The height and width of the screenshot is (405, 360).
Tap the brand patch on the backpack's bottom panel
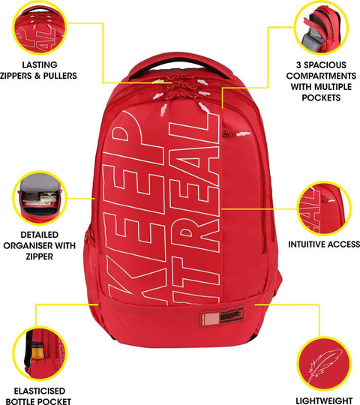(x=222, y=316)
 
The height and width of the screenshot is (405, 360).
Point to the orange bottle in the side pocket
(x=37, y=350)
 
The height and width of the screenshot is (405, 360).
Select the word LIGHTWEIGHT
(x=324, y=400)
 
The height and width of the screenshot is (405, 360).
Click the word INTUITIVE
(x=305, y=244)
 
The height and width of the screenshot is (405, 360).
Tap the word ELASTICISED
(x=39, y=391)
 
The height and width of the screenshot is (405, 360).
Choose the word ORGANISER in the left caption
(x=28, y=245)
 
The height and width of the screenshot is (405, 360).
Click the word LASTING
(x=40, y=64)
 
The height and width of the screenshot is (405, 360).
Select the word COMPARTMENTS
(x=321, y=76)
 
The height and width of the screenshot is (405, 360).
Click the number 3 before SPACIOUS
(x=298, y=64)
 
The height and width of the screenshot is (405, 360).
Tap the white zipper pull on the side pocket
(x=243, y=133)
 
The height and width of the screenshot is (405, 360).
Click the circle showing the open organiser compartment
(x=40, y=198)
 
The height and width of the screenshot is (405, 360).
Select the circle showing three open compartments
(x=321, y=28)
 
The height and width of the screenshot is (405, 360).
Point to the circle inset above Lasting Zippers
(x=40, y=28)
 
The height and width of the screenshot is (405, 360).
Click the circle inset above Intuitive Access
(x=324, y=208)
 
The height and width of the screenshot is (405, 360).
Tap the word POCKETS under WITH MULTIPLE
(x=321, y=97)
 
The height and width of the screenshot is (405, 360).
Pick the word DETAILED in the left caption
(x=40, y=235)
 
